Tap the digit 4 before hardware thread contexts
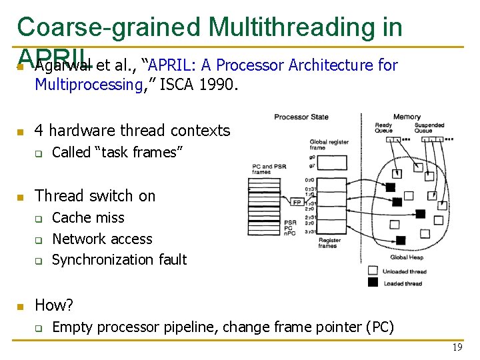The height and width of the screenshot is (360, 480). click(39, 131)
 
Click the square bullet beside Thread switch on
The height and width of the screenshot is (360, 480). click(21, 197)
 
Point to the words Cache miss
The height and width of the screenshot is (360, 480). click(88, 217)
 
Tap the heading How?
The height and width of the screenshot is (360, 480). click(54, 305)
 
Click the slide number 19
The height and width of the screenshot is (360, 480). click(457, 347)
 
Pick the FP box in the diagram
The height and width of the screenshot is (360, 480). click(297, 202)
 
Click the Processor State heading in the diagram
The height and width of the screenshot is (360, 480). click(301, 117)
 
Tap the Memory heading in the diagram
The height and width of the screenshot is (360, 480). click(407, 117)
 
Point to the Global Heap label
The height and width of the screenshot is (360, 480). click(406, 257)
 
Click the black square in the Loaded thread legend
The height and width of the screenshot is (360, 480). click(372, 283)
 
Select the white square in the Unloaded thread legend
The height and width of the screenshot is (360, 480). click(372, 271)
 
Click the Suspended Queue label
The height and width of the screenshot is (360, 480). click(429, 129)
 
